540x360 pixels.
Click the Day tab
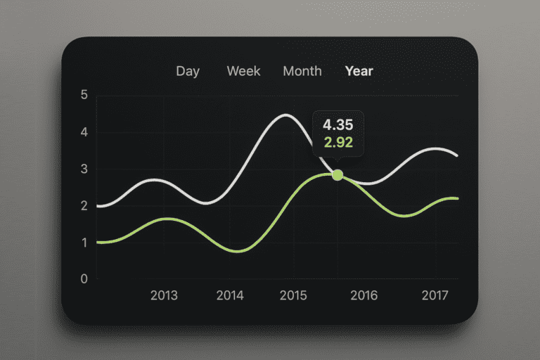(188, 71)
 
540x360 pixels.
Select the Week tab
(243, 71)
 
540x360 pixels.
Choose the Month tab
(302, 71)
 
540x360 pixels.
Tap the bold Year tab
(359, 71)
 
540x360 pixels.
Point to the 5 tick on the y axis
(84, 95)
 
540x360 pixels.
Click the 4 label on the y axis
(84, 132)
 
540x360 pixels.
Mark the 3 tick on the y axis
(84, 169)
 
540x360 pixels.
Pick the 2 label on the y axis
(84, 206)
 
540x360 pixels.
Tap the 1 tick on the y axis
(84, 243)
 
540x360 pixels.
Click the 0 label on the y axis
(84, 278)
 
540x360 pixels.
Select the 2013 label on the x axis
(164, 295)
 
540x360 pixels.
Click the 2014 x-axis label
(230, 295)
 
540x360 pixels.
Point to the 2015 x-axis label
(293, 295)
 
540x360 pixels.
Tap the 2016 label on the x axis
(364, 295)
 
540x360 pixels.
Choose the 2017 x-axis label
(435, 295)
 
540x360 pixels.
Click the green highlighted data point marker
(337, 175)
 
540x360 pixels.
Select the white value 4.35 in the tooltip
(337, 124)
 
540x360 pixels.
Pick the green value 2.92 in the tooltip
(338, 142)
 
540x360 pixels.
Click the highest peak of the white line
(286, 115)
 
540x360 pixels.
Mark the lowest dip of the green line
(238, 251)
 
